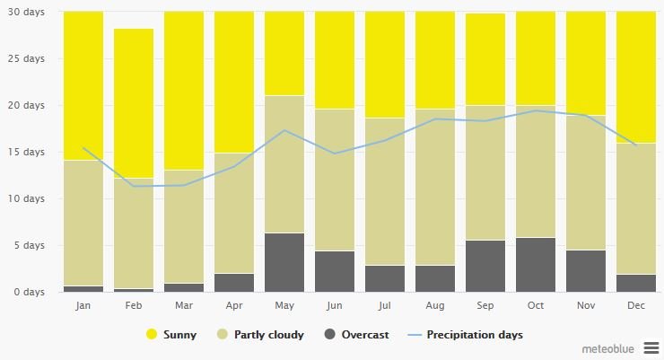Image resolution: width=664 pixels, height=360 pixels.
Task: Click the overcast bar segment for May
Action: [x=284, y=262]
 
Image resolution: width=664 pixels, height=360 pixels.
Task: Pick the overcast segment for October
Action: [x=535, y=264]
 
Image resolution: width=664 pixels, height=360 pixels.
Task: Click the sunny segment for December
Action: [x=635, y=77]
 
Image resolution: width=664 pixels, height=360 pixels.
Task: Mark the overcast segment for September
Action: [x=485, y=266]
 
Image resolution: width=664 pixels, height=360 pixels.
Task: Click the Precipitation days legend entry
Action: [x=473, y=335]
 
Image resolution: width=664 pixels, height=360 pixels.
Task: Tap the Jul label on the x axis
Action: [x=384, y=305]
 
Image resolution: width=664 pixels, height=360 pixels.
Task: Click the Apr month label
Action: [x=233, y=305]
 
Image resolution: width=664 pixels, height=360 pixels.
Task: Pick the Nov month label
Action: [x=585, y=305]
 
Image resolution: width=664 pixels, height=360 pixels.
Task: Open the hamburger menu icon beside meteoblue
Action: [x=651, y=347]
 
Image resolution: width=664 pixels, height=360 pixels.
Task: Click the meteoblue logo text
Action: [x=607, y=347]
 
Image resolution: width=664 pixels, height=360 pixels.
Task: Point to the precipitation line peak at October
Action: [x=535, y=110]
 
